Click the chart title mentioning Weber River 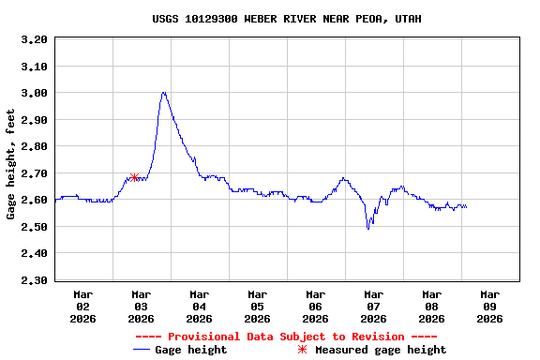286,19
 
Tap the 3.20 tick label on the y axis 33,39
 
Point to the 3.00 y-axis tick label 33,93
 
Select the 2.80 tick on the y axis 33,146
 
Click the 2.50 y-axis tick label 33,227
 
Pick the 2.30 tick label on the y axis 33,280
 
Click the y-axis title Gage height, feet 11,164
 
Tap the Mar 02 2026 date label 82,306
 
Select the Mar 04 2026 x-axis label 199,306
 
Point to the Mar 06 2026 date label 315,306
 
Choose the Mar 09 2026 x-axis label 489,306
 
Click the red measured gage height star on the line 135,177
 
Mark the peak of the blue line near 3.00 164,93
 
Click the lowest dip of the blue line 368,228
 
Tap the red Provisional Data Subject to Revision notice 286,337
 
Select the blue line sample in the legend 142,350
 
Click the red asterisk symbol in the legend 302,350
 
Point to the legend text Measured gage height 381,350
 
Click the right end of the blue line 466,206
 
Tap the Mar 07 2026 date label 373,306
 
